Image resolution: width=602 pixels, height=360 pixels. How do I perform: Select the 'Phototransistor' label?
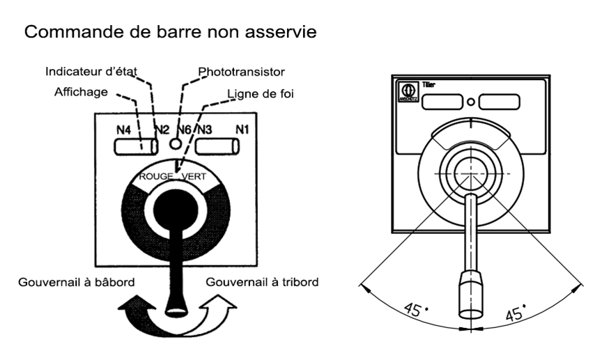(x=242, y=71)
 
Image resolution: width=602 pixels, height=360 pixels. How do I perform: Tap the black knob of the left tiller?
(x=176, y=208)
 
